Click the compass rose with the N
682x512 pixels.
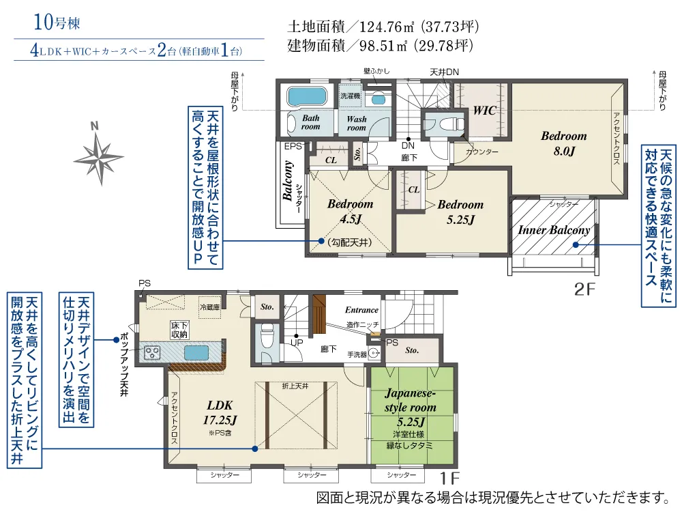(99, 158)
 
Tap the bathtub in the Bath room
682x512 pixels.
(307, 96)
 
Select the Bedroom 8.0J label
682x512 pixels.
(564, 143)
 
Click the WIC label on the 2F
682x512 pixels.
(484, 110)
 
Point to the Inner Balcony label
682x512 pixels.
(553, 230)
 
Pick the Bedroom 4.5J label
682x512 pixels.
(350, 211)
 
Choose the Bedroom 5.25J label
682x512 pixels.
(460, 212)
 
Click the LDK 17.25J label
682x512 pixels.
(220, 413)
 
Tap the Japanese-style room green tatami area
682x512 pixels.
(413, 416)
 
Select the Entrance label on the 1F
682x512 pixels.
(361, 310)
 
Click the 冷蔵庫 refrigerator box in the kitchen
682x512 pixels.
(209, 307)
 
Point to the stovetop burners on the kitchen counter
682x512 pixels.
(152, 352)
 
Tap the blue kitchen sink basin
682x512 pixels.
(196, 353)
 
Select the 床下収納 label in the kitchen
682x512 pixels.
(179, 330)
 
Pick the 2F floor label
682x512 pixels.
(584, 289)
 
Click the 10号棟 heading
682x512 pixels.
(57, 23)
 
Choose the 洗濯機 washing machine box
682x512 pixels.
(350, 96)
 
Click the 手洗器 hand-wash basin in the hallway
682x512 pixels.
(374, 354)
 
